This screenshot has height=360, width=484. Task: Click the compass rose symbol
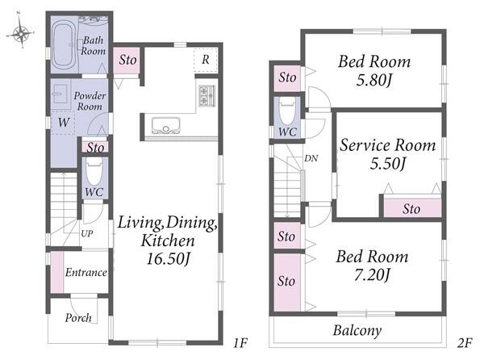20,31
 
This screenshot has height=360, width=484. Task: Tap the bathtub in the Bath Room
64,44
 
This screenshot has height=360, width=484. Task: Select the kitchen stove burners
207,95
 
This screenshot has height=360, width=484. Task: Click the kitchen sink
165,125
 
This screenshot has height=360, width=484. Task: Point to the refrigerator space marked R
206,60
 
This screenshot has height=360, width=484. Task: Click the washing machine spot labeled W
64,122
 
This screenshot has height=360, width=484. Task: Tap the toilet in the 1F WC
94,171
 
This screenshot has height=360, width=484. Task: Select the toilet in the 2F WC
287,111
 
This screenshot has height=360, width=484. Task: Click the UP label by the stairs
87,234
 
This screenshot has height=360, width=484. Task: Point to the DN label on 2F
311,158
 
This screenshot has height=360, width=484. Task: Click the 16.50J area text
168,258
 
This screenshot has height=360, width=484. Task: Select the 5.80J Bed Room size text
374,80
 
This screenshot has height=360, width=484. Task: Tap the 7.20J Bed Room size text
373,274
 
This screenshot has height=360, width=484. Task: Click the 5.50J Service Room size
387,163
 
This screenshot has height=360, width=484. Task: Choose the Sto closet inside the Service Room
412,207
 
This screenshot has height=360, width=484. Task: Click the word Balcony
357,331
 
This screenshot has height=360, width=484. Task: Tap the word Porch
78,318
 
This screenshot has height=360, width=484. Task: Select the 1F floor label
240,343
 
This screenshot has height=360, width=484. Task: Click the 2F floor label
465,343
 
